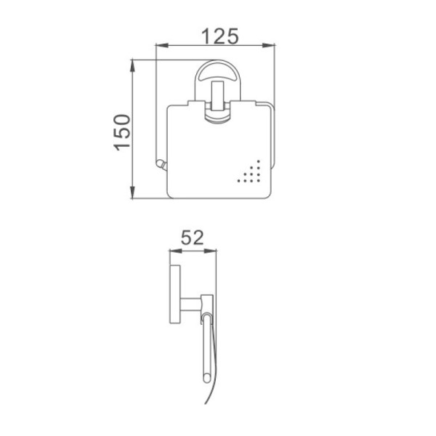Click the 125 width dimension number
(x=219, y=36)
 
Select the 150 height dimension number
(x=122, y=133)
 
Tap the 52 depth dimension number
(x=192, y=238)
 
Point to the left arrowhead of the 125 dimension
(x=162, y=45)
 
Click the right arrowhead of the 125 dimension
(x=269, y=45)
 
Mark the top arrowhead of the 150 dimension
(x=133, y=65)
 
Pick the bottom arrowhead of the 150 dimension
(x=133, y=193)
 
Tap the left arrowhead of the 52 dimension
(x=175, y=251)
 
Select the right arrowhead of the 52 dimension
(x=210, y=251)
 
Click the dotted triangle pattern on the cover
(x=249, y=171)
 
